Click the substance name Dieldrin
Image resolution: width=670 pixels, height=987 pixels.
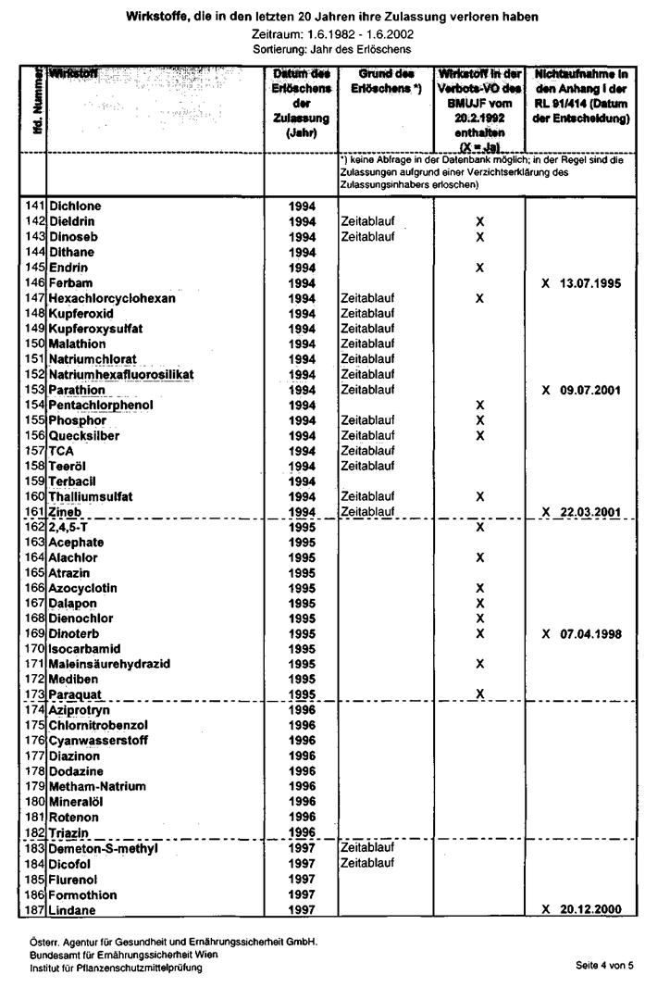(71, 222)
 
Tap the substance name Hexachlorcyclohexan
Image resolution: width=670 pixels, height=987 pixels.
(112, 298)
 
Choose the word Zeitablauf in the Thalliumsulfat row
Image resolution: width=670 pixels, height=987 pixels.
(368, 496)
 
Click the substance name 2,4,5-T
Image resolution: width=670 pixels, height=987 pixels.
(70, 527)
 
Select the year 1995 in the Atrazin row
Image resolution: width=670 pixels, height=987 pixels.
(303, 573)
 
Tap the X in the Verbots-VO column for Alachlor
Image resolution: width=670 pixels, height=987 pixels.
(479, 557)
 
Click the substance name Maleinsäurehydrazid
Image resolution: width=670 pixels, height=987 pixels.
(109, 664)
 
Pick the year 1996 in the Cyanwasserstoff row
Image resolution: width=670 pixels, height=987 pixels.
(303, 741)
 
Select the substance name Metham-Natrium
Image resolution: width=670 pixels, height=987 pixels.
(97, 786)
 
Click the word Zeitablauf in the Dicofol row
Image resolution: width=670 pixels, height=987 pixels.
(368, 863)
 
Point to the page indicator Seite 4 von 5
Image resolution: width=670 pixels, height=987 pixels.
(603, 965)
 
